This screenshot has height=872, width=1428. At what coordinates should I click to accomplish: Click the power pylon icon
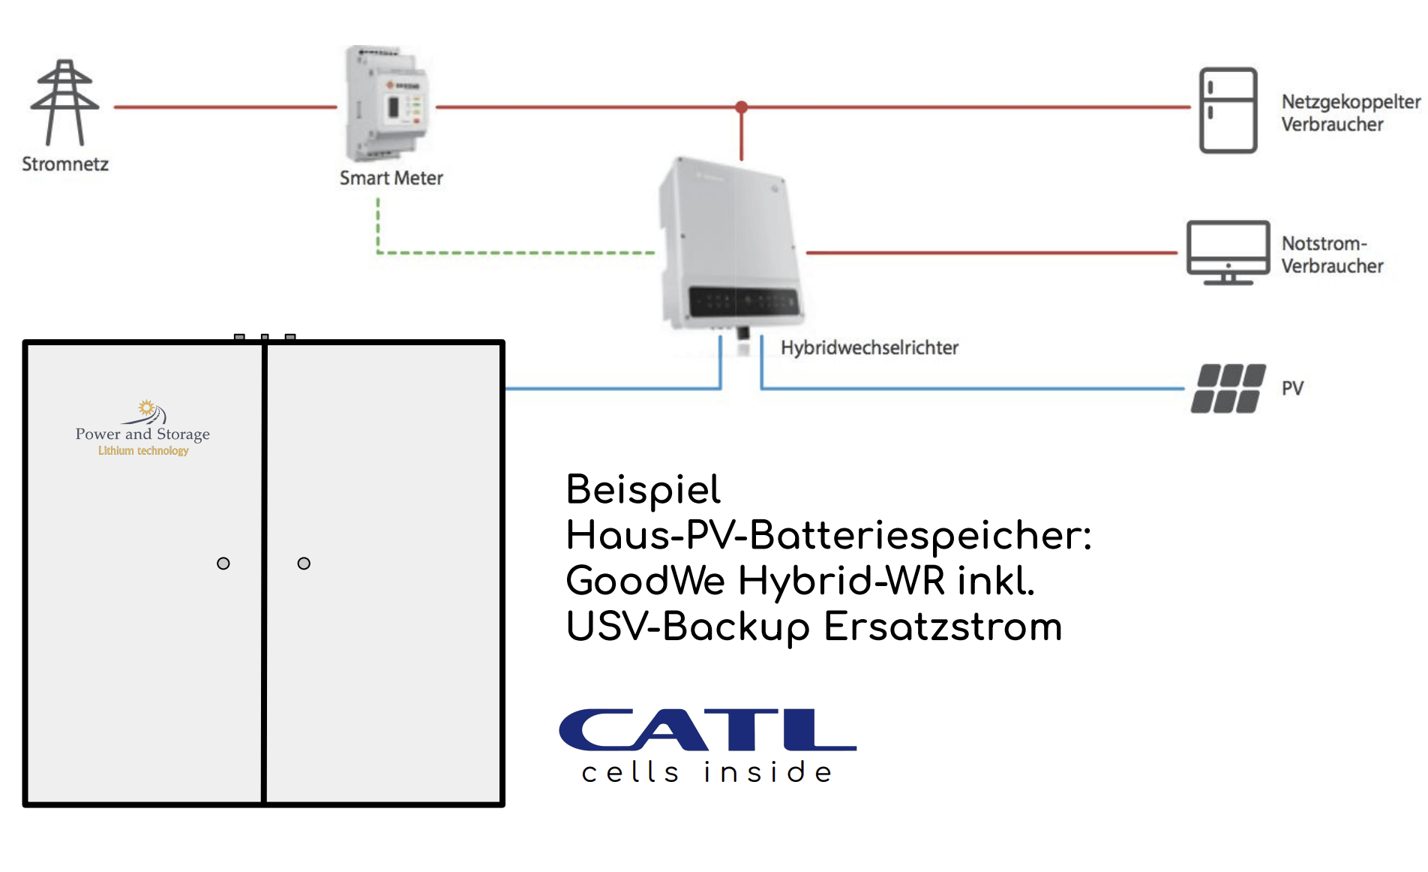click(64, 103)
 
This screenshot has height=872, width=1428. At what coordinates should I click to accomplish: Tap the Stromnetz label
click(65, 164)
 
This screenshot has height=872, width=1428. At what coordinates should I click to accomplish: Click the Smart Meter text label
click(391, 179)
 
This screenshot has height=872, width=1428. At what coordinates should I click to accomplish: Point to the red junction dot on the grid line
click(741, 107)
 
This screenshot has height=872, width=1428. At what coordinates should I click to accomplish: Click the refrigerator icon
click(1228, 110)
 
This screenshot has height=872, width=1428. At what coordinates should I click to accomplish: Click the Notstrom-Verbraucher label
click(1331, 254)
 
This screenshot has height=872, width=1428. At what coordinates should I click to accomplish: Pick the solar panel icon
click(1228, 389)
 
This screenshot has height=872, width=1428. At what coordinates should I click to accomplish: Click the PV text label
click(1292, 389)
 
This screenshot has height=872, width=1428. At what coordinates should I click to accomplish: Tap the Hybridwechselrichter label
click(869, 348)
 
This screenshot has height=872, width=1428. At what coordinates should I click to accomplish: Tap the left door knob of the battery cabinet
click(223, 564)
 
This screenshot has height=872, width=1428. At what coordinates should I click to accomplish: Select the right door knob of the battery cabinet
click(304, 564)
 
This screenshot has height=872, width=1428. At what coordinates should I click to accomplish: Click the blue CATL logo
click(707, 729)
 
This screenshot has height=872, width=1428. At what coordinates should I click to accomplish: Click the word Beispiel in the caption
click(643, 490)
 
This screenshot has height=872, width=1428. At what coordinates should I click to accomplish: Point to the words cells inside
click(707, 772)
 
